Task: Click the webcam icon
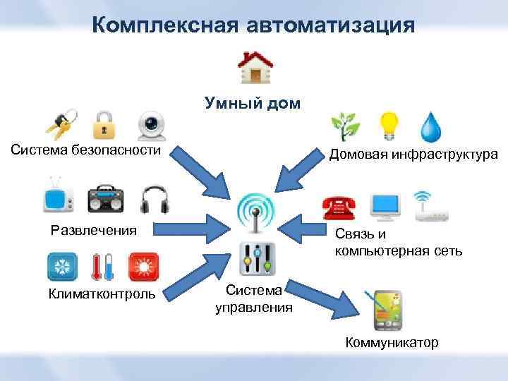click(151, 126)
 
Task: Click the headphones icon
click(155, 199)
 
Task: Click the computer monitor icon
click(387, 205)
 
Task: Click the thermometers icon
click(103, 267)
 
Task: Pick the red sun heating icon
click(144, 267)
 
